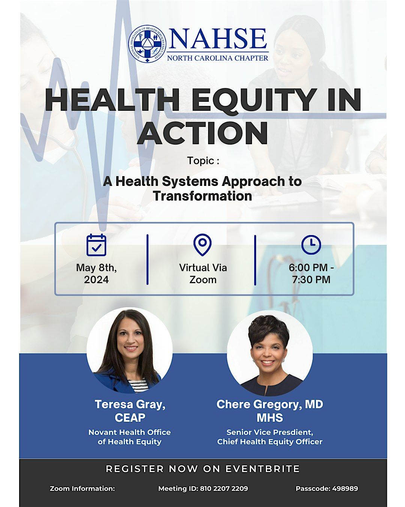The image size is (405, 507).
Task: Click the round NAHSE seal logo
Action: [x=147, y=44]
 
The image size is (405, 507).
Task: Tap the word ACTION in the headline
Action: [x=202, y=133]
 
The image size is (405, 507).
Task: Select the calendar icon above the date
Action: [x=96, y=245]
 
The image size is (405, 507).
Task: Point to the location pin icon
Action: [x=202, y=244]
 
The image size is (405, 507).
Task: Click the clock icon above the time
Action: [x=311, y=244]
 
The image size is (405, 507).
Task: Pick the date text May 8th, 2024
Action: [x=96, y=274]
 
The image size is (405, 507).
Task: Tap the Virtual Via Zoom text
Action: [x=203, y=274]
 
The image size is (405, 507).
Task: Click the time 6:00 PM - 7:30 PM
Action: [x=311, y=274]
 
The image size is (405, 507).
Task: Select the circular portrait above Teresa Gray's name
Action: [x=130, y=350]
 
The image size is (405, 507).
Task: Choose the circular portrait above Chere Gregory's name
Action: [x=270, y=353]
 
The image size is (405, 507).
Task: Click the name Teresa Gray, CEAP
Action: [x=130, y=411]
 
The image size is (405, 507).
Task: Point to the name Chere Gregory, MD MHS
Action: [x=270, y=411]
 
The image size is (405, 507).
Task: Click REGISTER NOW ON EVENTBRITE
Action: [x=203, y=469]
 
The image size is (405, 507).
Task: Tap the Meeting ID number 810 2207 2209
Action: [x=224, y=489]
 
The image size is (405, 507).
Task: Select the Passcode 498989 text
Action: [x=327, y=489]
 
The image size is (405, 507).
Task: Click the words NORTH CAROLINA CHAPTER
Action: [x=217, y=58]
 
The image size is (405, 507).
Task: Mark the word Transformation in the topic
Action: [x=202, y=196]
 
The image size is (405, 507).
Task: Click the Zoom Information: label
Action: [x=82, y=489]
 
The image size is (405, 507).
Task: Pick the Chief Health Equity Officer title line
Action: [x=270, y=442]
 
